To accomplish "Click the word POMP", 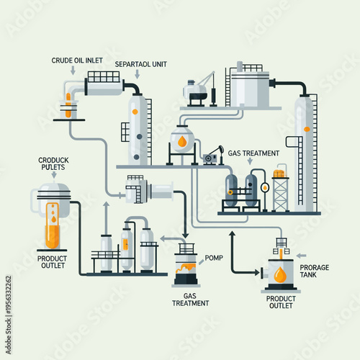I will pyautogui.click(x=214, y=258).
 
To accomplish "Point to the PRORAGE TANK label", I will pyautogui.click(x=315, y=271).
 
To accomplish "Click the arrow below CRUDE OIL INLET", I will pyautogui.click(x=73, y=71).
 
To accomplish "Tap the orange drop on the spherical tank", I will pyautogui.click(x=184, y=141).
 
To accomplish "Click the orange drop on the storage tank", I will pyautogui.click(x=279, y=274).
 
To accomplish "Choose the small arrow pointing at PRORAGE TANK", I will pyautogui.click(x=302, y=255).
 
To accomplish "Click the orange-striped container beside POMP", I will pyautogui.click(x=186, y=264).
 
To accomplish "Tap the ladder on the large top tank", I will pyautogui.click(x=228, y=85).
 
